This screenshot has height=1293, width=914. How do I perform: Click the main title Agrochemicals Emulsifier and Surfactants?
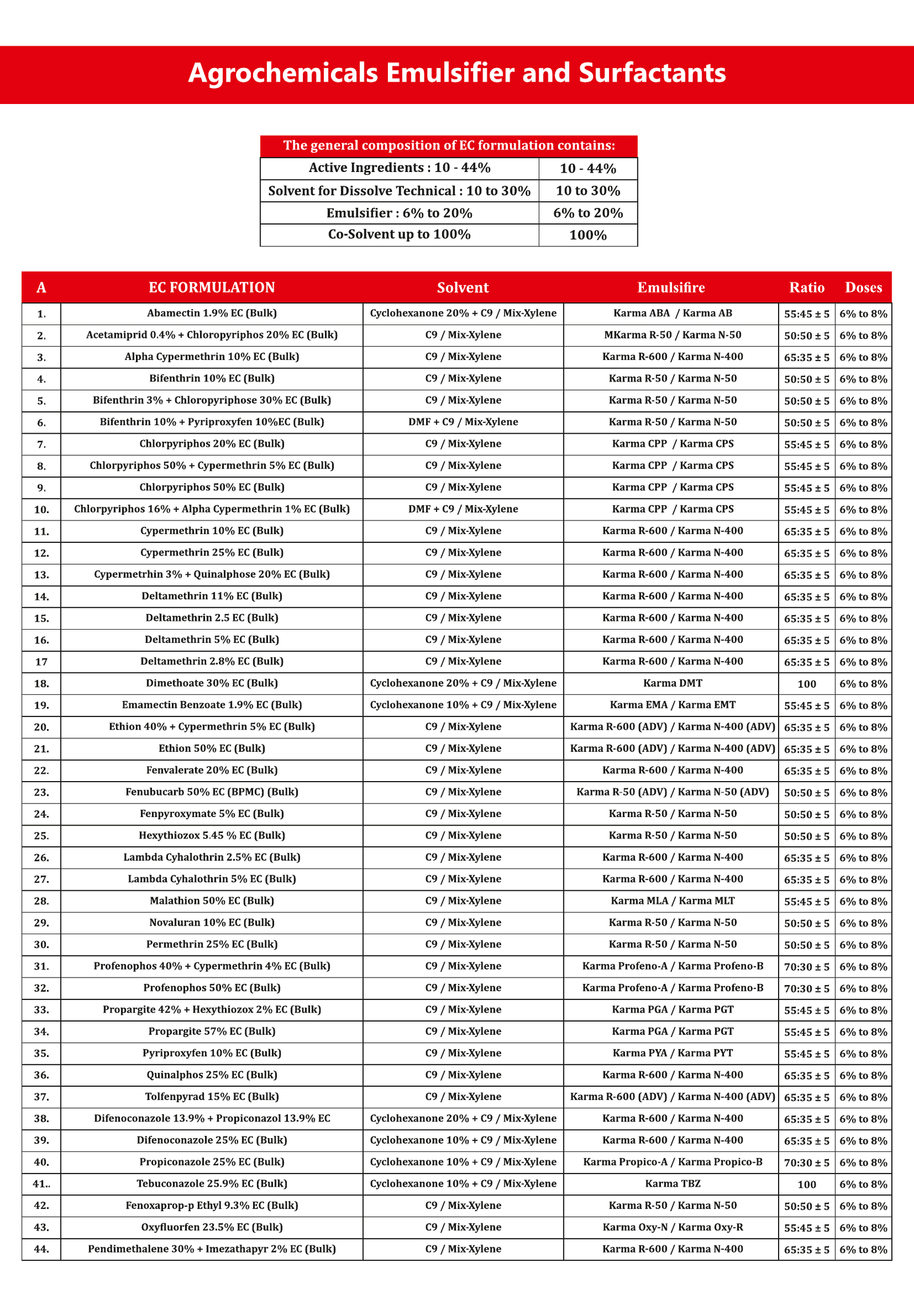[456, 73]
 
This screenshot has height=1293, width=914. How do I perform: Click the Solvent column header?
[463, 287]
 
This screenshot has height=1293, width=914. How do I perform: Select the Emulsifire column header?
[671, 287]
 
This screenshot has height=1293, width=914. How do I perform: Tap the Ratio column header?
[807, 287]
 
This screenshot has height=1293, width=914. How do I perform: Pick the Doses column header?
[863, 287]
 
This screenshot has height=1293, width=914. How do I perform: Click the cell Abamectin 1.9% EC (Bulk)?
[211, 313]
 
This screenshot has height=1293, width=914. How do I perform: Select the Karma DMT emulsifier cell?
[672, 683]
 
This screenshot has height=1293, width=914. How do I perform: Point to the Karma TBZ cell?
[672, 1183]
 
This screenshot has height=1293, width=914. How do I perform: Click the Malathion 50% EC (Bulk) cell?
[211, 901]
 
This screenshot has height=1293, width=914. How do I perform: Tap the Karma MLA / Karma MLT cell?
[672, 901]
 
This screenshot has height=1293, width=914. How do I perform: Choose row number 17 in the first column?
[41, 662]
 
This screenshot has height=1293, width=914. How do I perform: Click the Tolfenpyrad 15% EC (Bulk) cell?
[211, 1096]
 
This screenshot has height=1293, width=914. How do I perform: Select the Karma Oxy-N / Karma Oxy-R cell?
[672, 1227]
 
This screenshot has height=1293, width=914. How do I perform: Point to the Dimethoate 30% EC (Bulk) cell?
[211, 683]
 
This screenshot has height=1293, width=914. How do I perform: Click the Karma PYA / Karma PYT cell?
[672, 1053]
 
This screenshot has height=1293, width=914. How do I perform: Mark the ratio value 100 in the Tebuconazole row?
[807, 1184]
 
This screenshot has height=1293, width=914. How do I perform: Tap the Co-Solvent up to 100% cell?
[399, 235]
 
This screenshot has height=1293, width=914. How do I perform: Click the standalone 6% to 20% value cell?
[588, 213]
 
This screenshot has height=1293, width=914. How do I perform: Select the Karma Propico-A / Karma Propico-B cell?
[672, 1162]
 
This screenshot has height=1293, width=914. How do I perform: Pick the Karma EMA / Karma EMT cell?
[672, 705]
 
